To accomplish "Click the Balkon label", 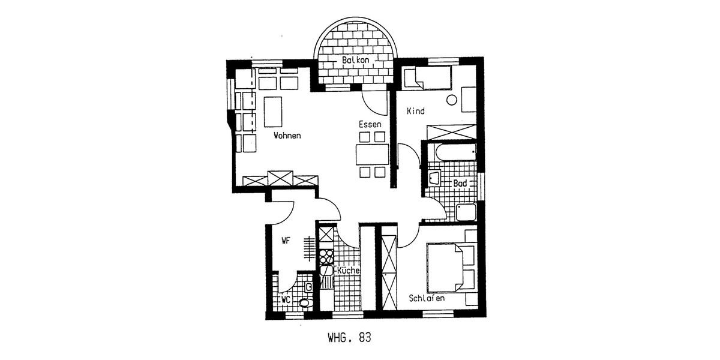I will [x=356, y=61].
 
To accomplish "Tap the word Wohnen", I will [x=287, y=136].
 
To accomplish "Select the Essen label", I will [x=370, y=124].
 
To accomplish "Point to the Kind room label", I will [x=415, y=111].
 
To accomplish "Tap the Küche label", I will [x=348, y=271].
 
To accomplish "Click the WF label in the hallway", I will [x=286, y=241].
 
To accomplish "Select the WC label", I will [x=287, y=298].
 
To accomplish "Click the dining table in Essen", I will [x=372, y=154].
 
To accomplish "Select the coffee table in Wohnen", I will [x=273, y=112].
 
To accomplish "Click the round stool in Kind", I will [x=452, y=101].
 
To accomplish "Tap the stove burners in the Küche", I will [x=326, y=257].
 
